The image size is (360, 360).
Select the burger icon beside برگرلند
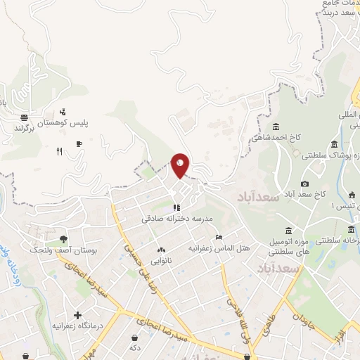pos(24,117)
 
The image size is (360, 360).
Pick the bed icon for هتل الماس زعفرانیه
pos(219,237)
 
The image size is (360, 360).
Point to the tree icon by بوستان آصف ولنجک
pos(63,240)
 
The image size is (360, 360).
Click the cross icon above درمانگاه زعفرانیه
pos(77,316)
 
